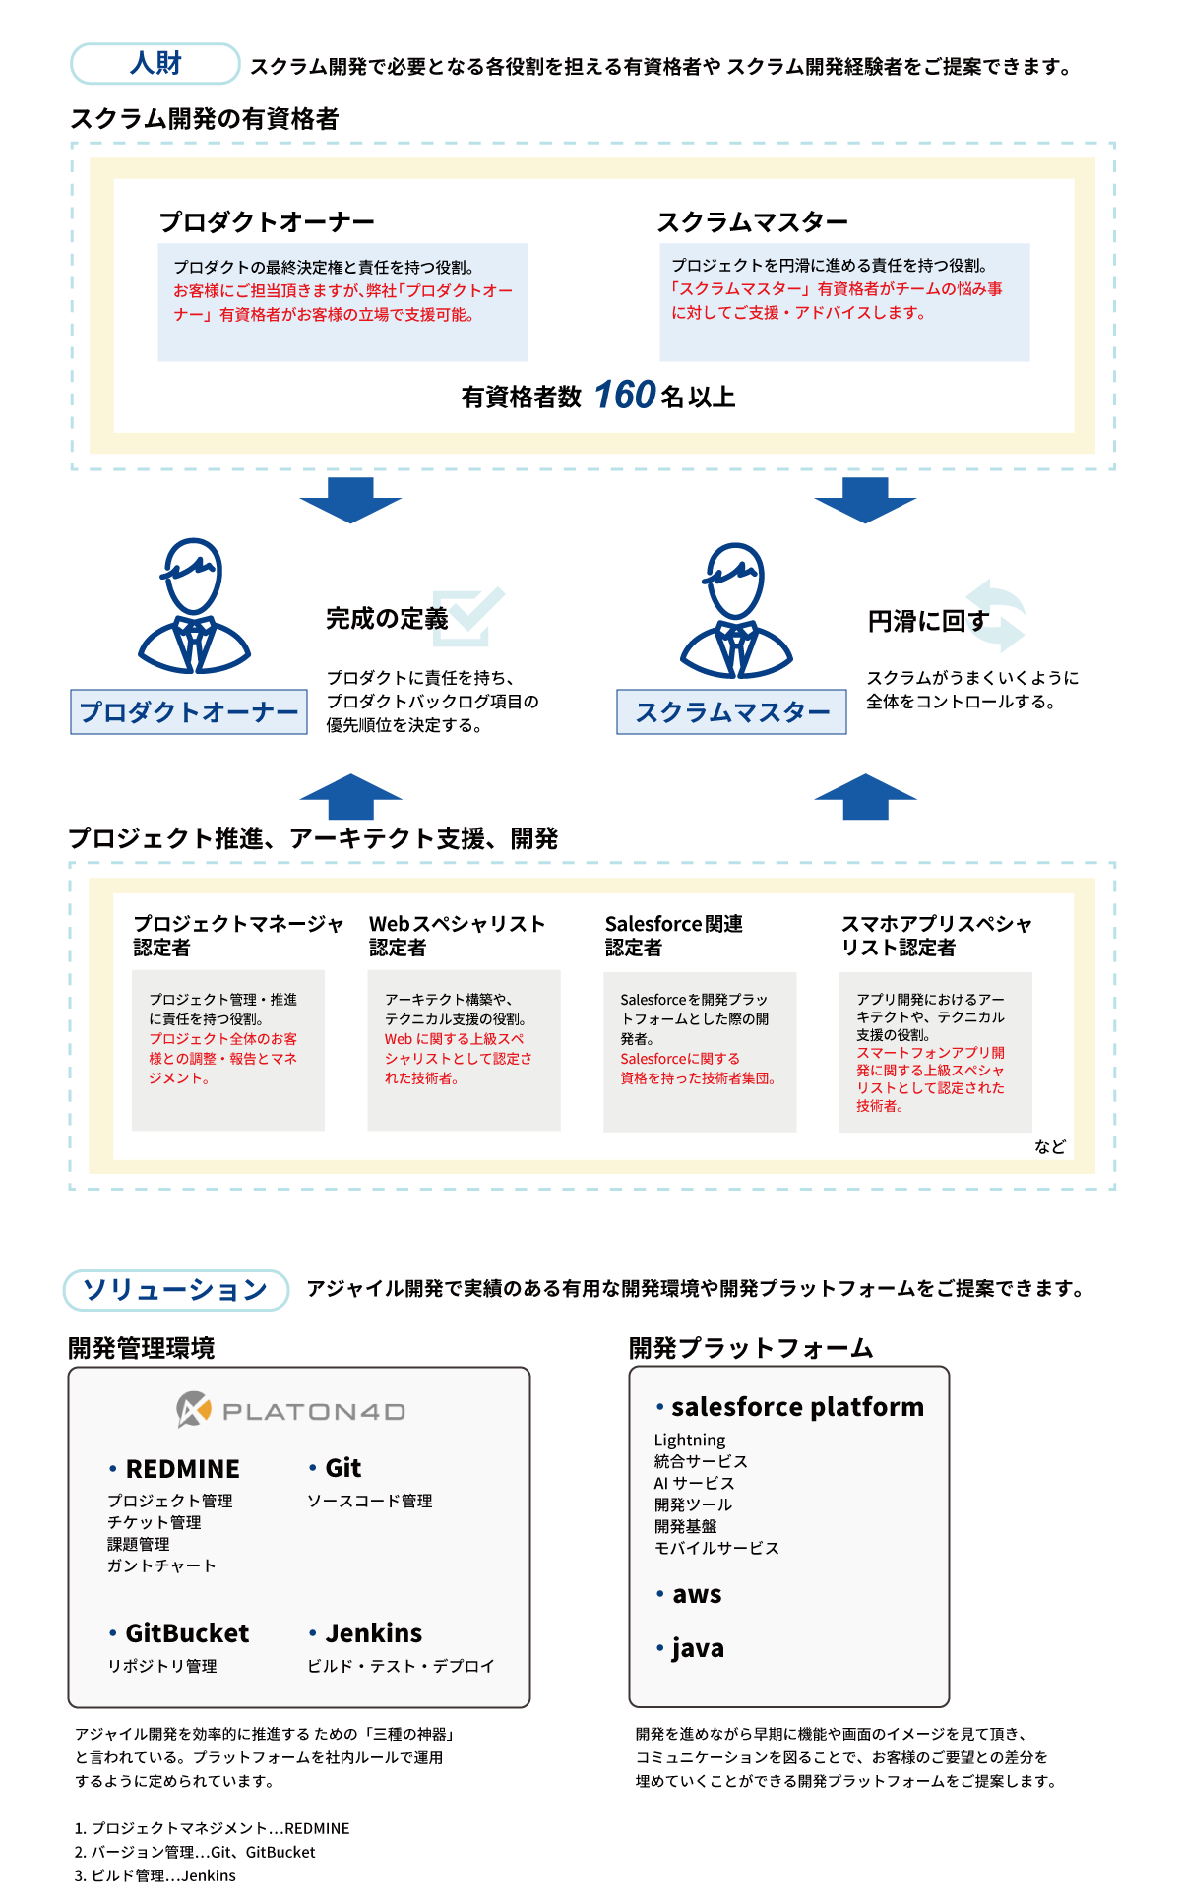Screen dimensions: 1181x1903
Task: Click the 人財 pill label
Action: click(x=155, y=64)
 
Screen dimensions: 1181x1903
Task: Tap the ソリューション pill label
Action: click(x=176, y=1290)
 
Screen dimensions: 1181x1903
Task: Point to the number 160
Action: click(x=625, y=396)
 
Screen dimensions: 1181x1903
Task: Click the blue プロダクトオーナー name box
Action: click(x=189, y=711)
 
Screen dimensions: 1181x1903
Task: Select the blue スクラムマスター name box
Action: click(x=731, y=711)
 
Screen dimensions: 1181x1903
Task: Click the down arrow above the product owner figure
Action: click(x=350, y=500)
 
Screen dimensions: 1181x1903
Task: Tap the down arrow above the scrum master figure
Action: click(x=865, y=500)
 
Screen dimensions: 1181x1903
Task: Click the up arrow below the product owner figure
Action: click(x=350, y=796)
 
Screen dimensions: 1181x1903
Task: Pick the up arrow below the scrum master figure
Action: click(x=865, y=796)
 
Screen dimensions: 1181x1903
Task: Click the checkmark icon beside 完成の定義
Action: click(x=468, y=617)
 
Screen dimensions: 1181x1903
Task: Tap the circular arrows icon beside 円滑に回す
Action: click(x=996, y=616)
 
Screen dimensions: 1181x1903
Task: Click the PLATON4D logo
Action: click(x=291, y=1411)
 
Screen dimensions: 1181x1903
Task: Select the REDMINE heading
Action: click(x=183, y=1469)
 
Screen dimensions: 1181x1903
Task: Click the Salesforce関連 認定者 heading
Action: click(x=674, y=936)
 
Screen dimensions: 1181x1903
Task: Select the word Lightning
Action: click(x=690, y=1441)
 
